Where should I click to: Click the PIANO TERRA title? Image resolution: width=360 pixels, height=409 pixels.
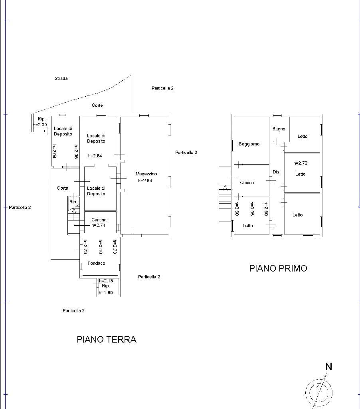pos(107,340)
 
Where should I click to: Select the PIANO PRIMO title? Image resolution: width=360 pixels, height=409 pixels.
pos(278,268)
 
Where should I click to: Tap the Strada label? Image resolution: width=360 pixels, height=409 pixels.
pos(61,78)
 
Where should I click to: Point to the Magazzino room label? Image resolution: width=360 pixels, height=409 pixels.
pos(146,174)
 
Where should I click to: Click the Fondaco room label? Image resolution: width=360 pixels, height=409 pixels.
pos(96,263)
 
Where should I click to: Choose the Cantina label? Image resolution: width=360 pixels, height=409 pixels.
pos(99,220)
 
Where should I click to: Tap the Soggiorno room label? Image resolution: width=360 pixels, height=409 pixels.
pos(249,144)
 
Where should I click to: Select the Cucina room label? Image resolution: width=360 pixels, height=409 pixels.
pos(247,183)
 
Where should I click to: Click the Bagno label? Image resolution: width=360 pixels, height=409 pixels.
pos(279,129)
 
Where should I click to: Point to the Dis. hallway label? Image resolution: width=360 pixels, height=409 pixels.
pos(277,172)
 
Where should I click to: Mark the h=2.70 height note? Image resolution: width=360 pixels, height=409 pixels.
pos(300,163)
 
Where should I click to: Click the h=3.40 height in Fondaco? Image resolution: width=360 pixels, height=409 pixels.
pos(101,246)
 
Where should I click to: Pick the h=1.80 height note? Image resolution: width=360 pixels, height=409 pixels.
pos(106,293)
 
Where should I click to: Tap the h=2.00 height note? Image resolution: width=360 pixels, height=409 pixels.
pos(40,125)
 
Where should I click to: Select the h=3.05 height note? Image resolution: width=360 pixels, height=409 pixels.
pos(252,208)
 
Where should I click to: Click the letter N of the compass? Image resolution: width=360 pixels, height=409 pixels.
pos(329,367)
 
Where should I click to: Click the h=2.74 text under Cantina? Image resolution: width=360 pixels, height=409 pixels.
pos(98,225)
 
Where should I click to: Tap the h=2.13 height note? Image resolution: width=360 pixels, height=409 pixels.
pos(106,281)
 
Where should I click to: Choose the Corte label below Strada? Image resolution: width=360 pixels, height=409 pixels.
pos(97,105)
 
